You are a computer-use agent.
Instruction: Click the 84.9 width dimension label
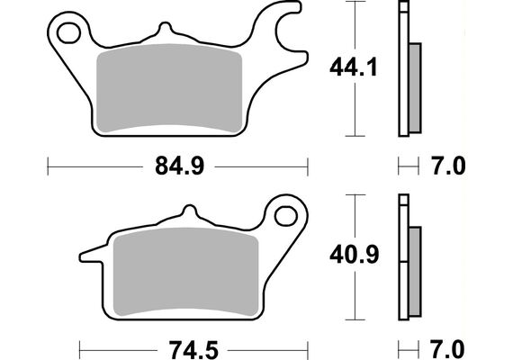(x=176, y=166)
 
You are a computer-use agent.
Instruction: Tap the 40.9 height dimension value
(x=352, y=255)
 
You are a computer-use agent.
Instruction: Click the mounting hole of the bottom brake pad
(x=286, y=216)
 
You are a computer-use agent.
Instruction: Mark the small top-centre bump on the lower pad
(x=188, y=212)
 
